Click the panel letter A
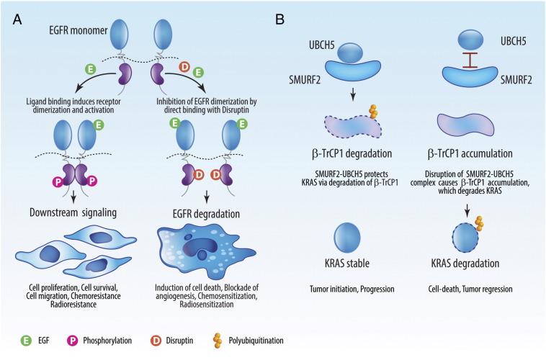point(17,19)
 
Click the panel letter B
point(280,19)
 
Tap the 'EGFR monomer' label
point(79,30)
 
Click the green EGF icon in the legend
point(26,340)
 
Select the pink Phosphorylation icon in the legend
point(72,340)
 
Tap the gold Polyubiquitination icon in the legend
point(218,341)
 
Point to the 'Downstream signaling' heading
point(73,212)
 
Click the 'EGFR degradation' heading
point(206,213)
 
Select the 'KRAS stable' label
point(346,264)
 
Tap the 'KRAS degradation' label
point(465,264)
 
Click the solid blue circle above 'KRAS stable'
point(346,238)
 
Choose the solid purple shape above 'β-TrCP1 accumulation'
point(465,125)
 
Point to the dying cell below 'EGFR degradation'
point(206,250)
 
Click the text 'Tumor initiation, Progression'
point(352,289)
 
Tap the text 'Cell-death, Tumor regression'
point(470,289)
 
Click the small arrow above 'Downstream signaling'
point(73,198)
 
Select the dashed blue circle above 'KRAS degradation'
point(465,238)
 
